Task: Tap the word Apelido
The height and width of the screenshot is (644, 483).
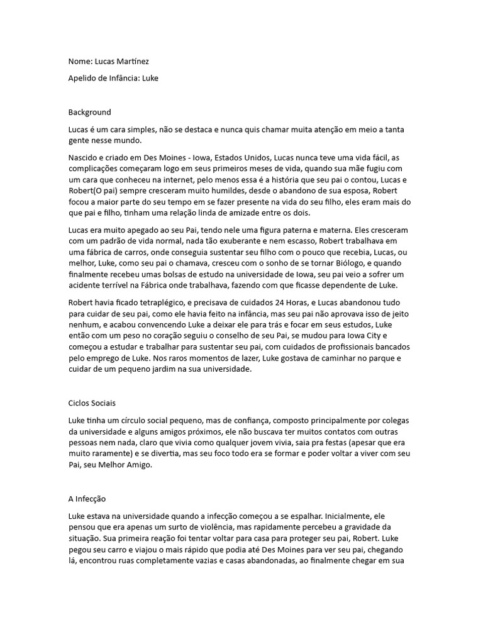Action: point(83,79)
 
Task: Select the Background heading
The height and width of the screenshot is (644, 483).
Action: point(89,112)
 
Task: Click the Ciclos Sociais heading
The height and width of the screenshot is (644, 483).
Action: point(92,402)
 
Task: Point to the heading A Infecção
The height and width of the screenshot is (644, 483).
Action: point(87,498)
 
